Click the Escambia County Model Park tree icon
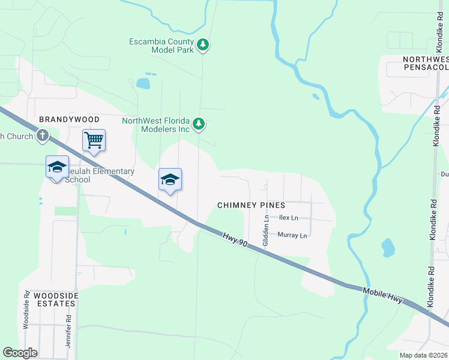coord(203,44)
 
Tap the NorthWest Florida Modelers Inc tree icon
coord(199,125)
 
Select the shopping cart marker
coord(94,140)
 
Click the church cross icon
coord(42,136)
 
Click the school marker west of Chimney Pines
coord(170,179)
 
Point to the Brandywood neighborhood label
coord(65,120)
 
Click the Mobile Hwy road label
coord(382,295)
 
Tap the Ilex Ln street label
coord(288,218)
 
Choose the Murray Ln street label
coord(292,235)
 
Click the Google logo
coord(20,353)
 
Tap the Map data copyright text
coord(423,355)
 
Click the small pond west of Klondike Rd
coord(388,247)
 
